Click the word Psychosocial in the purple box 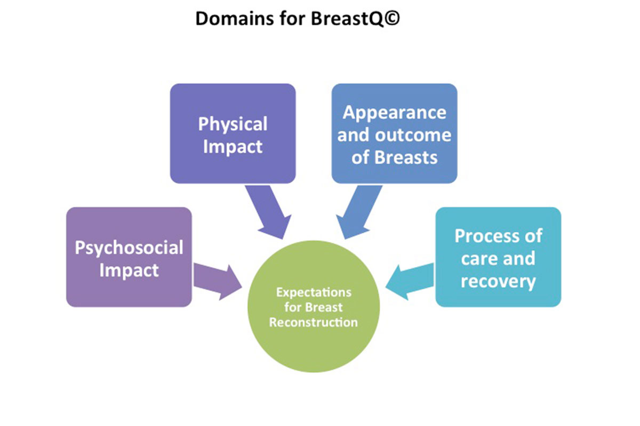129,248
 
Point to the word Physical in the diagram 233,124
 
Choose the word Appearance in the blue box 394,112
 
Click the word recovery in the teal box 498,281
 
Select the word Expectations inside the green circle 314,292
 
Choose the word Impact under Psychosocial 129,270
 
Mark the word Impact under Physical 233,146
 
